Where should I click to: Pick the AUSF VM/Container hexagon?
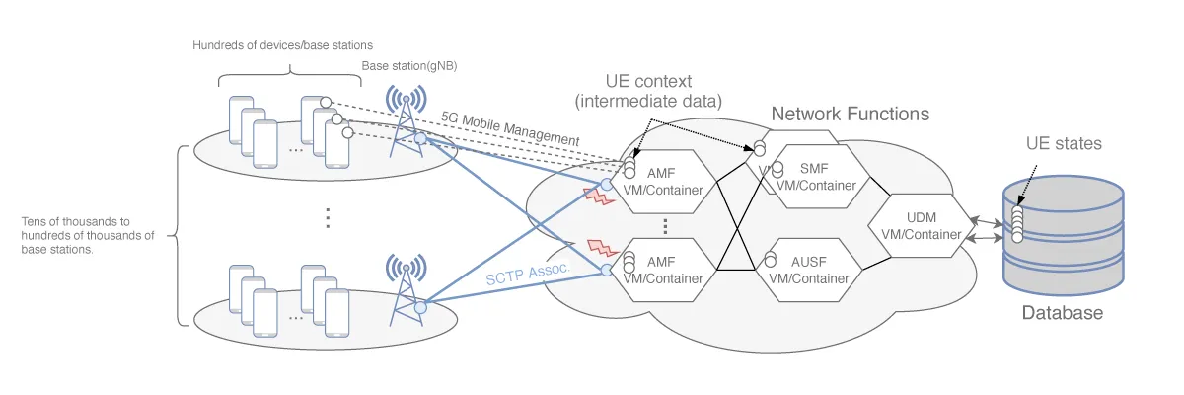[808, 269]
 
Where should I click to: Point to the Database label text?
[1062, 313]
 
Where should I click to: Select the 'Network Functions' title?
[850, 114]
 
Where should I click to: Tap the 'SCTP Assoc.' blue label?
[528, 270]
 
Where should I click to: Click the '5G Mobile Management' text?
[509, 127]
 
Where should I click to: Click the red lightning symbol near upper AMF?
[599, 194]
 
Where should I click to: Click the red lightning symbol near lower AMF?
[599, 247]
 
